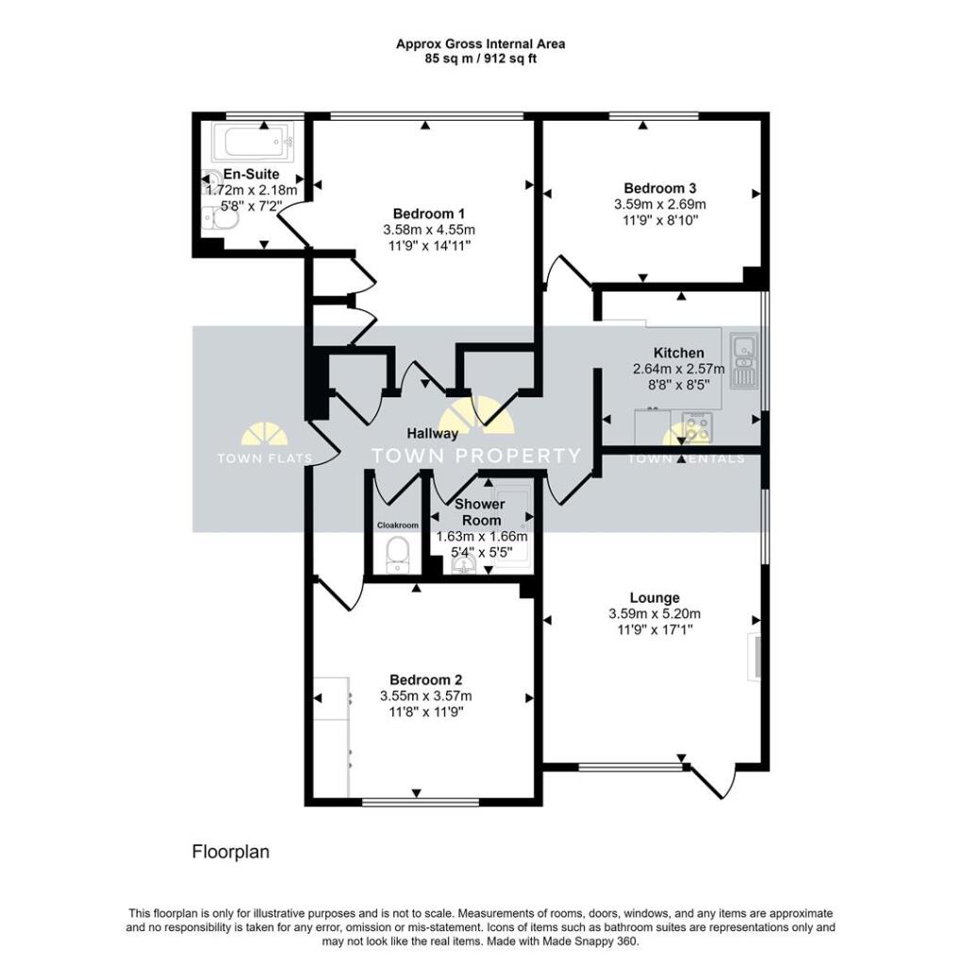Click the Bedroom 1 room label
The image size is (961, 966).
pos(428,213)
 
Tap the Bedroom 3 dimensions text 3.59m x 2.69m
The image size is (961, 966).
pos(659,204)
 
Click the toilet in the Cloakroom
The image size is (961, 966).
pos(398,554)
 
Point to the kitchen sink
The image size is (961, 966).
pos(745,357)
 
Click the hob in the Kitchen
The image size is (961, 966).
pos(698,427)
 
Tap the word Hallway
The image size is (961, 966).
pos(433,434)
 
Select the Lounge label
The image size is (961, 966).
pos(654,598)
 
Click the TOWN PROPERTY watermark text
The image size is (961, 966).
pos(477,457)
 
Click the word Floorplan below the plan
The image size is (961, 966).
pos(231,852)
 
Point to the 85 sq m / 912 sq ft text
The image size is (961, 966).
pos(480,58)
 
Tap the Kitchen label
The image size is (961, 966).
pos(685,353)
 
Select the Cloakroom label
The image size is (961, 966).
pos(397,525)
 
